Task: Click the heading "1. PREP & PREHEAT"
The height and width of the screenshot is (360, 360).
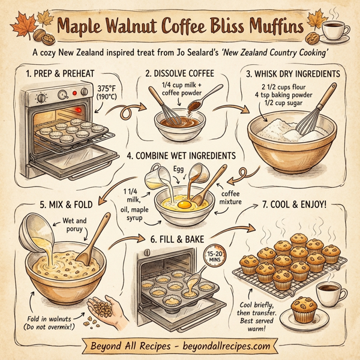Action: click(61, 74)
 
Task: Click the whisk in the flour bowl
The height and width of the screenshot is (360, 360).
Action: click(314, 114)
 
